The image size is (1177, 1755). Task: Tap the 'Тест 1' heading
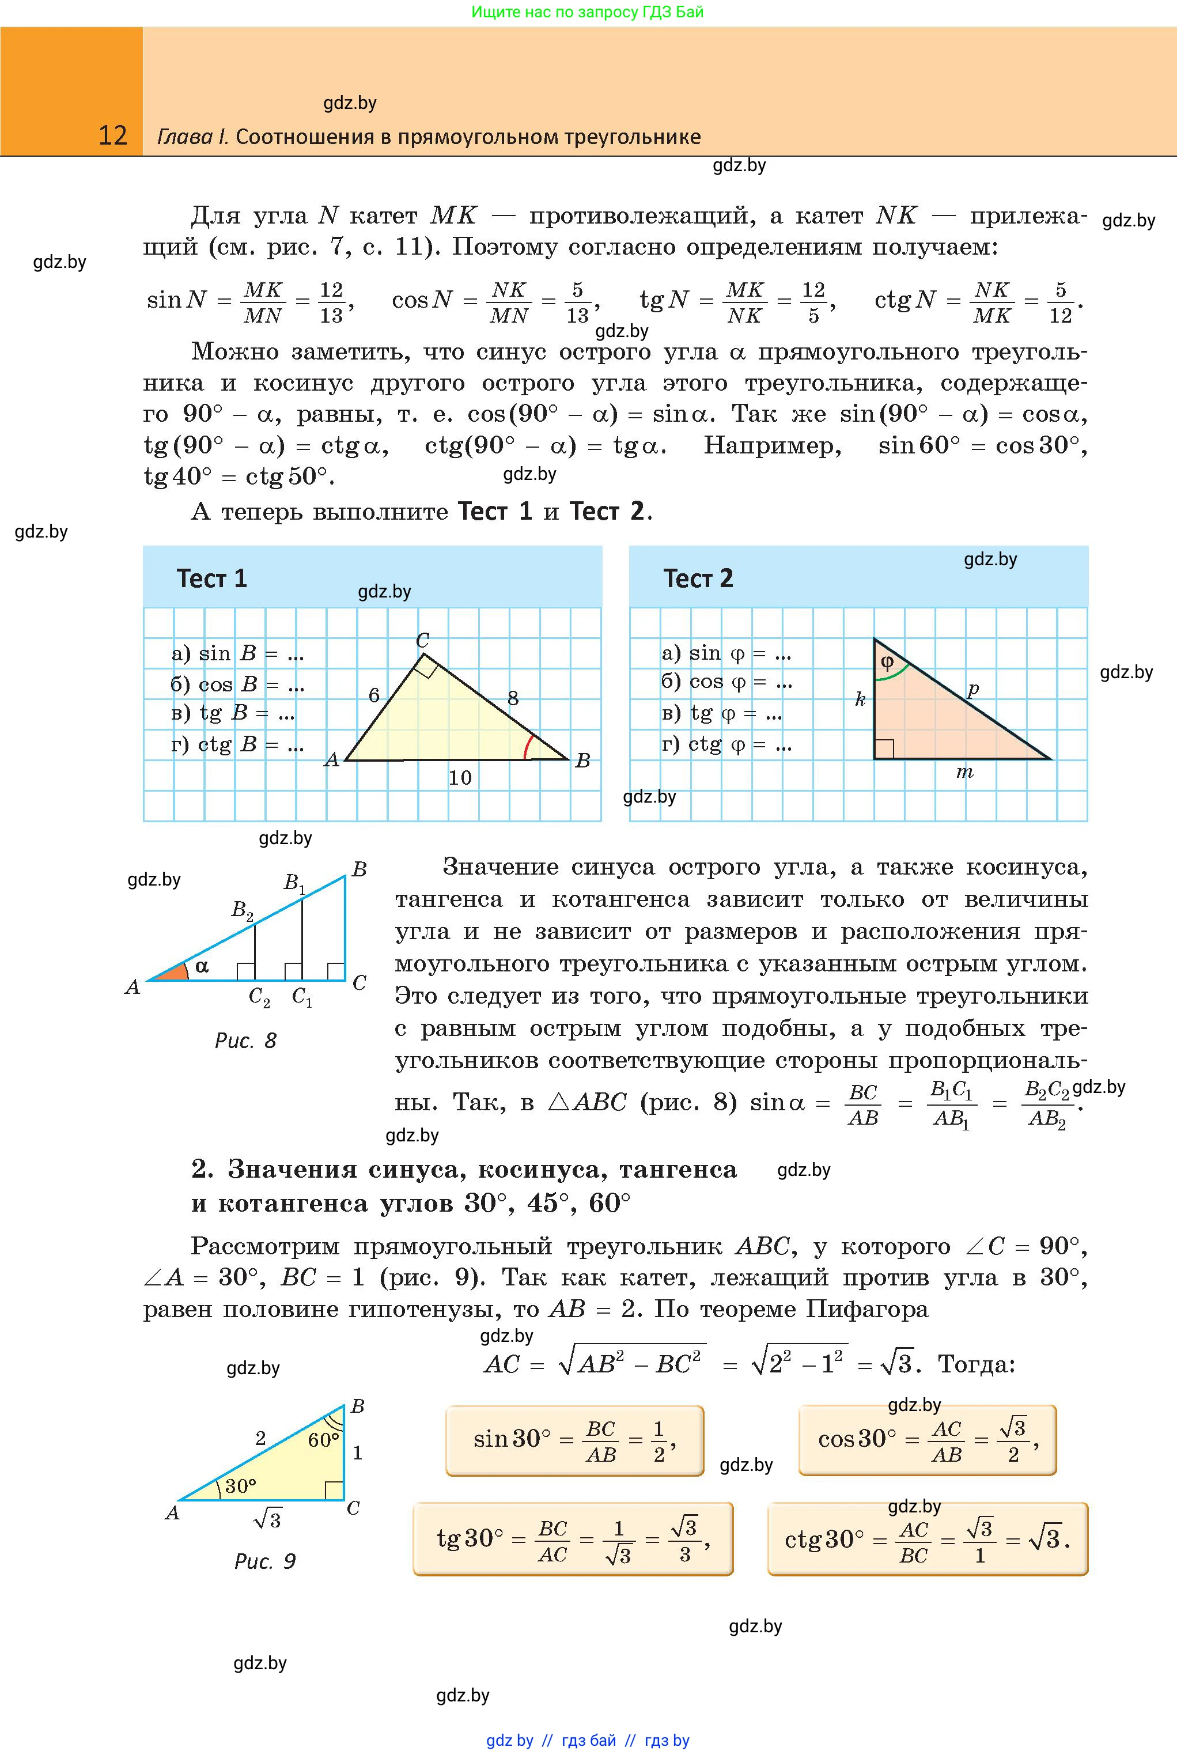pos(211,578)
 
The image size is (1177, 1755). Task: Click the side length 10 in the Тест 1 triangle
pos(460,778)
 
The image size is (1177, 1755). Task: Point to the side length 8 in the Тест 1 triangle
pos(513,698)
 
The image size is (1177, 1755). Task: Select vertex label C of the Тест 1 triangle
pos(423,640)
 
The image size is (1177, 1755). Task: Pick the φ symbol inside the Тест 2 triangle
pos(887,662)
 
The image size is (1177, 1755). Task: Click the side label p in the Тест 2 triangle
pos(973,689)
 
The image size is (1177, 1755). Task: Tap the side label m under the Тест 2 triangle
pos(964,771)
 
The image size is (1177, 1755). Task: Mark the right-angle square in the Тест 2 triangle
pos(884,748)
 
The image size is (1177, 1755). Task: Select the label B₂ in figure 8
pos(242,910)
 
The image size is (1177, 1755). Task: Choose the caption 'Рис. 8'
pos(245,1041)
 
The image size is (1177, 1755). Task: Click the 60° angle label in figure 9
pos(323,1440)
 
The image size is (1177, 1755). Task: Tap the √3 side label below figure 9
pos(267,1519)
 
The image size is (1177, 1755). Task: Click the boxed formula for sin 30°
pos(575,1440)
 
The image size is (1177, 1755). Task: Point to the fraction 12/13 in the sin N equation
pos(331,302)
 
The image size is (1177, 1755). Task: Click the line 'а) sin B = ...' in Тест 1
pos(237,654)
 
